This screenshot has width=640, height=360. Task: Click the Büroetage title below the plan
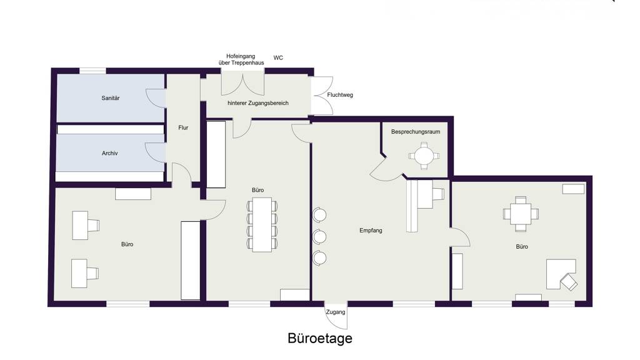[319, 338]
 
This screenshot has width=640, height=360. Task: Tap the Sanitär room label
[111, 98]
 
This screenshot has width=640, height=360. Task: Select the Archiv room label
[110, 153]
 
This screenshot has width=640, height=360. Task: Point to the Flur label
[183, 127]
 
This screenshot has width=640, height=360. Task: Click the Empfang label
[371, 230]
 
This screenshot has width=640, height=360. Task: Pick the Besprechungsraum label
[416, 132]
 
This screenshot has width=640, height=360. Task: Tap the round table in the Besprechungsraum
[424, 156]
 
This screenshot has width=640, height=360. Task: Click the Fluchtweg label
[340, 95]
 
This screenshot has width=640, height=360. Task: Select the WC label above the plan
[278, 58]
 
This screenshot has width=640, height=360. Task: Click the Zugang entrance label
[336, 312]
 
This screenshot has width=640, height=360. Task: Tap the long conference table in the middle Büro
[262, 224]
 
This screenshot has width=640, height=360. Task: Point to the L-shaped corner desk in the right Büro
[561, 274]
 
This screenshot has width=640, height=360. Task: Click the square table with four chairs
[521, 214]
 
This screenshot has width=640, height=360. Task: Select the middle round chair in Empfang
[319, 236]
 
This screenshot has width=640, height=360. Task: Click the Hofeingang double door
[243, 83]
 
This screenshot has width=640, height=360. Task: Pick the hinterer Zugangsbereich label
[258, 103]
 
